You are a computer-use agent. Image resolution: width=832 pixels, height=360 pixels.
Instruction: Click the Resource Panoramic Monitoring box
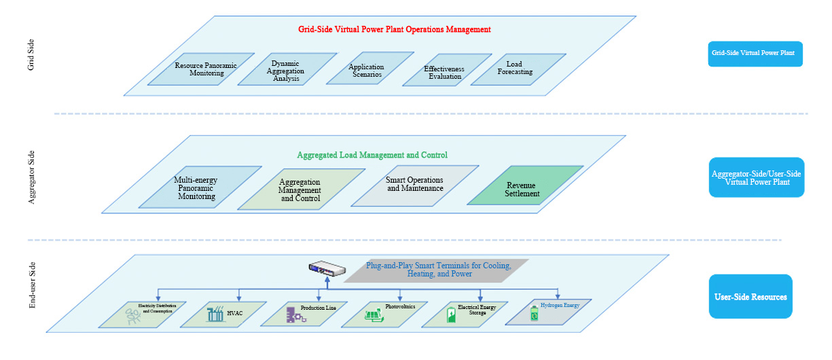pyautogui.click(x=201, y=69)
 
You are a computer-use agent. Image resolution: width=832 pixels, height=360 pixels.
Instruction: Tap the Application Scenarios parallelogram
pyautogui.click(x=367, y=70)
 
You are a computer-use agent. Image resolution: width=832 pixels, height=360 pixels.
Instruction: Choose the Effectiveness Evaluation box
pyautogui.click(x=444, y=73)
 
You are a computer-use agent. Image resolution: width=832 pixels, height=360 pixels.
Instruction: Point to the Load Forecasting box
pyautogui.click(x=519, y=69)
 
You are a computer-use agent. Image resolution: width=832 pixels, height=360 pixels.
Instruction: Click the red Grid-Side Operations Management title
pyautogui.click(x=394, y=30)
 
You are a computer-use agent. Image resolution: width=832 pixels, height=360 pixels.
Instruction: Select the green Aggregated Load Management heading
pyautogui.click(x=372, y=155)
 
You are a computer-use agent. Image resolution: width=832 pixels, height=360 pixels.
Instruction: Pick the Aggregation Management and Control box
pyautogui.click(x=300, y=190)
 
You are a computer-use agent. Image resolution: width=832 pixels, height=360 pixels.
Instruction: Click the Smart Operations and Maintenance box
pyautogui.click(x=415, y=184)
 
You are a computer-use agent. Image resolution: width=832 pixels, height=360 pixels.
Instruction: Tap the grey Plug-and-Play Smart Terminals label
pyautogui.click(x=437, y=270)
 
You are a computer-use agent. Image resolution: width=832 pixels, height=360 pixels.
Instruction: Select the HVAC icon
pyautogui.click(x=217, y=314)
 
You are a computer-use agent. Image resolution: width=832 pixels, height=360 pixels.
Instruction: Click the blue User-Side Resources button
pyautogui.click(x=750, y=297)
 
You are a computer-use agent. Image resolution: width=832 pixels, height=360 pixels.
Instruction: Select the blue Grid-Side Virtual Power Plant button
pyautogui.click(x=755, y=53)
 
